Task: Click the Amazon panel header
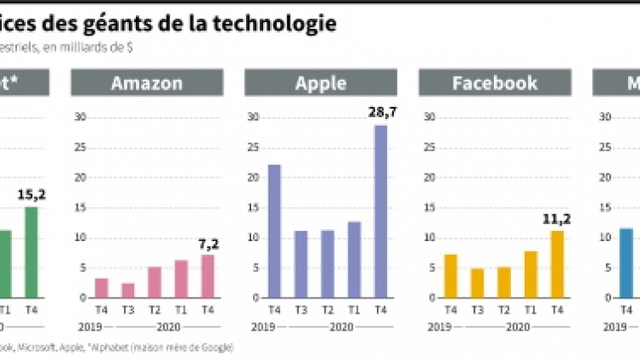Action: pos(147,83)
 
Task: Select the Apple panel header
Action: pos(320,83)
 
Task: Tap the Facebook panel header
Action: pos(495,83)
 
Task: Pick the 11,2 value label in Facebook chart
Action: pos(557,219)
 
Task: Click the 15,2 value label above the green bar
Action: pos(32,195)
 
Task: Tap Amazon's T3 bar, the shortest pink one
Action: pos(127,290)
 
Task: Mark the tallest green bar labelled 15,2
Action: pos(32,252)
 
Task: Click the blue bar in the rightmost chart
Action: pos(626,263)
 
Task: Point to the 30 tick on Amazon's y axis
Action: pos(81,117)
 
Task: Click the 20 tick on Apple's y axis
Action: pos(255,178)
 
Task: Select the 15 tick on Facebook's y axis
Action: pos(430,208)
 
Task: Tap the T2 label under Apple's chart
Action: pos(326,310)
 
